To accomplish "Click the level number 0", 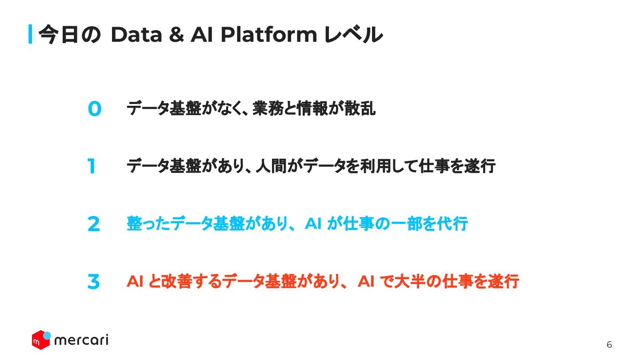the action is pyautogui.click(x=94, y=109).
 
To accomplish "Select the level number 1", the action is pyautogui.click(x=92, y=167).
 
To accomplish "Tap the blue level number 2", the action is pyautogui.click(x=94, y=224).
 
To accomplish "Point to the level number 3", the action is pyautogui.click(x=93, y=282).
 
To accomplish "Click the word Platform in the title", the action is pyautogui.click(x=268, y=35).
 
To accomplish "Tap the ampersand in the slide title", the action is pyautogui.click(x=176, y=35).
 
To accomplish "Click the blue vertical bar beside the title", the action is pyautogui.click(x=30, y=34).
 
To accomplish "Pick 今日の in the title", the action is pyautogui.click(x=70, y=35).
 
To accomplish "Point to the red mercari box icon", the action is pyautogui.click(x=40, y=340).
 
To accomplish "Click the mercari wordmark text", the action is pyautogui.click(x=81, y=340).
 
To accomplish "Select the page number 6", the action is pyautogui.click(x=609, y=344).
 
